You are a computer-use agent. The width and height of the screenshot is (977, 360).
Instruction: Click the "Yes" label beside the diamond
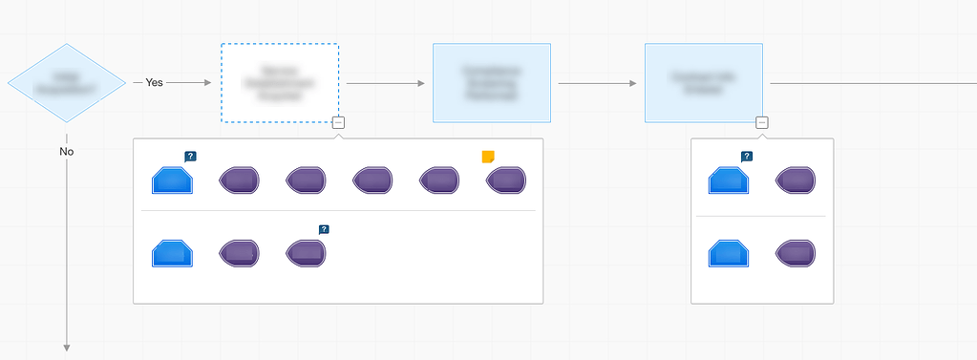pos(154,83)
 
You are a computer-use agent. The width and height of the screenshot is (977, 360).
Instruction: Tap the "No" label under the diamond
pos(67,151)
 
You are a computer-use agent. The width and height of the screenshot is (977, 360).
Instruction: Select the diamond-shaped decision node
pos(67,83)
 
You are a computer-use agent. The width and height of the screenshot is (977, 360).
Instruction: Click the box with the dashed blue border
pos(280,83)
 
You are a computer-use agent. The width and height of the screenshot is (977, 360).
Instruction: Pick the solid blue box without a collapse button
pos(492,83)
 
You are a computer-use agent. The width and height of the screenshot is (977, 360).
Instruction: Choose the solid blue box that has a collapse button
pos(704,83)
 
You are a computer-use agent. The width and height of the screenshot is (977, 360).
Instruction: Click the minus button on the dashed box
pos(339,122)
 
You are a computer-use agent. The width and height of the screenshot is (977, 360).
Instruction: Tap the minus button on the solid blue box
pos(761,122)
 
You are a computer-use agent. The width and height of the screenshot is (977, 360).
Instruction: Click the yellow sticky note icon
pos(489,157)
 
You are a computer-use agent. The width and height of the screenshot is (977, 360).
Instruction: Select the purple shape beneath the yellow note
pos(505,180)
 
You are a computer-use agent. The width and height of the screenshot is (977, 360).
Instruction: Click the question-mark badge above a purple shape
pos(324,229)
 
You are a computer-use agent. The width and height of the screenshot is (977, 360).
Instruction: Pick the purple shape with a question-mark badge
pos(306,252)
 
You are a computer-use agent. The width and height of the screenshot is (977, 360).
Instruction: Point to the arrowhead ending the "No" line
pos(67,347)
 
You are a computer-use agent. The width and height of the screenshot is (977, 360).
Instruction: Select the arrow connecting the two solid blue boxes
pos(597,83)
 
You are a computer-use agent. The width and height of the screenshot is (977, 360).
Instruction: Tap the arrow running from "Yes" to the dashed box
pos(189,83)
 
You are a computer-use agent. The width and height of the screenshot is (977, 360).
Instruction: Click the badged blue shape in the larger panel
pos(173,180)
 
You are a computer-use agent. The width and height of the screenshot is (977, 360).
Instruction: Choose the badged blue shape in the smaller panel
pos(729,180)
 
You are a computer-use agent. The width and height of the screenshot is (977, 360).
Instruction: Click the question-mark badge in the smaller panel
pos(747,157)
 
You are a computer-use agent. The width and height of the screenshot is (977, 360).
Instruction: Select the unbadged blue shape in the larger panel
pos(173,252)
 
